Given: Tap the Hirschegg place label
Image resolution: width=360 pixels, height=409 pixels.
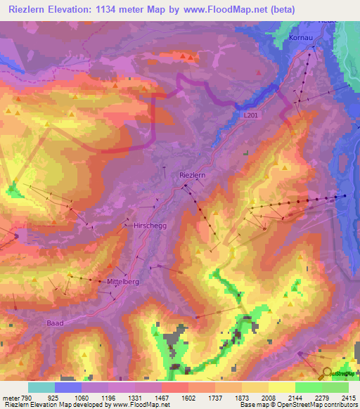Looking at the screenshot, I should [x=147, y=227].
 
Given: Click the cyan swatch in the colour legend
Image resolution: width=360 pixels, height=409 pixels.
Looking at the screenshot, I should [x=41, y=387].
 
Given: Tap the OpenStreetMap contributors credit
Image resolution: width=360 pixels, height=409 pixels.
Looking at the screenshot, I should [x=315, y=404].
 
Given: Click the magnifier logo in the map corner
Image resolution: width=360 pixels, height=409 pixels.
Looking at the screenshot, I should [x=328, y=372].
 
